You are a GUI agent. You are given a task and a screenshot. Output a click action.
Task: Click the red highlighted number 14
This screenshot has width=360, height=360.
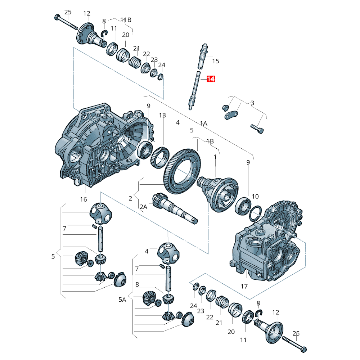tap(211, 79)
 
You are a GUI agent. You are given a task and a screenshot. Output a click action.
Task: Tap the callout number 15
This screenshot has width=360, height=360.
tap(216, 61)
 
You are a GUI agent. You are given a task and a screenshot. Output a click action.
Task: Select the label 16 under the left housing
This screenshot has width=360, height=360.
tap(84, 199)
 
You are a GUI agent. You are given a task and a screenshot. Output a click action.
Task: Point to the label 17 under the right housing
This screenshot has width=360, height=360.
tap(244, 286)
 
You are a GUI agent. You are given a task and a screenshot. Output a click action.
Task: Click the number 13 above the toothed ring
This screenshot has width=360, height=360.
tap(162, 115)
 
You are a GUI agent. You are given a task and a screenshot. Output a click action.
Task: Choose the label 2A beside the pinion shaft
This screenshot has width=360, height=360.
tap(144, 207)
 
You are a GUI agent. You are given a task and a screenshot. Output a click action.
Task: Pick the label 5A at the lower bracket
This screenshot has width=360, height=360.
tap(122, 300)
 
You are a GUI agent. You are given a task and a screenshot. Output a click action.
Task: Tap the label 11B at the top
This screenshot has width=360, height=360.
tap(126, 20)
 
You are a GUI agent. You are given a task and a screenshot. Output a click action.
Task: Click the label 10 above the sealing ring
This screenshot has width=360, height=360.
tap(255, 197)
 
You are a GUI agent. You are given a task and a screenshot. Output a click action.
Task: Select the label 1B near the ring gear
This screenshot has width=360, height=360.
tap(210, 141)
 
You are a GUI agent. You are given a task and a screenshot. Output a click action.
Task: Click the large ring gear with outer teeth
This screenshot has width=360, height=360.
tap(182, 171)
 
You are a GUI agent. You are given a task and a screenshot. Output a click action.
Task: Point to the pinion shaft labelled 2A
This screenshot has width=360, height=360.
tap(175, 208)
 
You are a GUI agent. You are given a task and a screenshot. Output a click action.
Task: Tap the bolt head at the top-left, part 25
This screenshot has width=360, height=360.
tap(57, 17)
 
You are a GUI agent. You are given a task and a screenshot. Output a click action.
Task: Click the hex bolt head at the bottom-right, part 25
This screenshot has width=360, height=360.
tap(303, 350)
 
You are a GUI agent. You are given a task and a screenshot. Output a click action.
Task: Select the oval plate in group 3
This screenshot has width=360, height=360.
tap(231, 115)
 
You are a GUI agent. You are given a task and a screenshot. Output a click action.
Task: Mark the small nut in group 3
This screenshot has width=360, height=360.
tap(225, 107)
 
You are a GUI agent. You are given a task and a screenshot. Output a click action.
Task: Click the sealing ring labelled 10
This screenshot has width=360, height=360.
tap(255, 213)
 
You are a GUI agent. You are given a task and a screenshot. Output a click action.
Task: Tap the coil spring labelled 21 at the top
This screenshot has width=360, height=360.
tap(135, 62)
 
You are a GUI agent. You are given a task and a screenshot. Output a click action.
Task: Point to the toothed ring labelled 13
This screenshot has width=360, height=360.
tap(160, 158)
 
